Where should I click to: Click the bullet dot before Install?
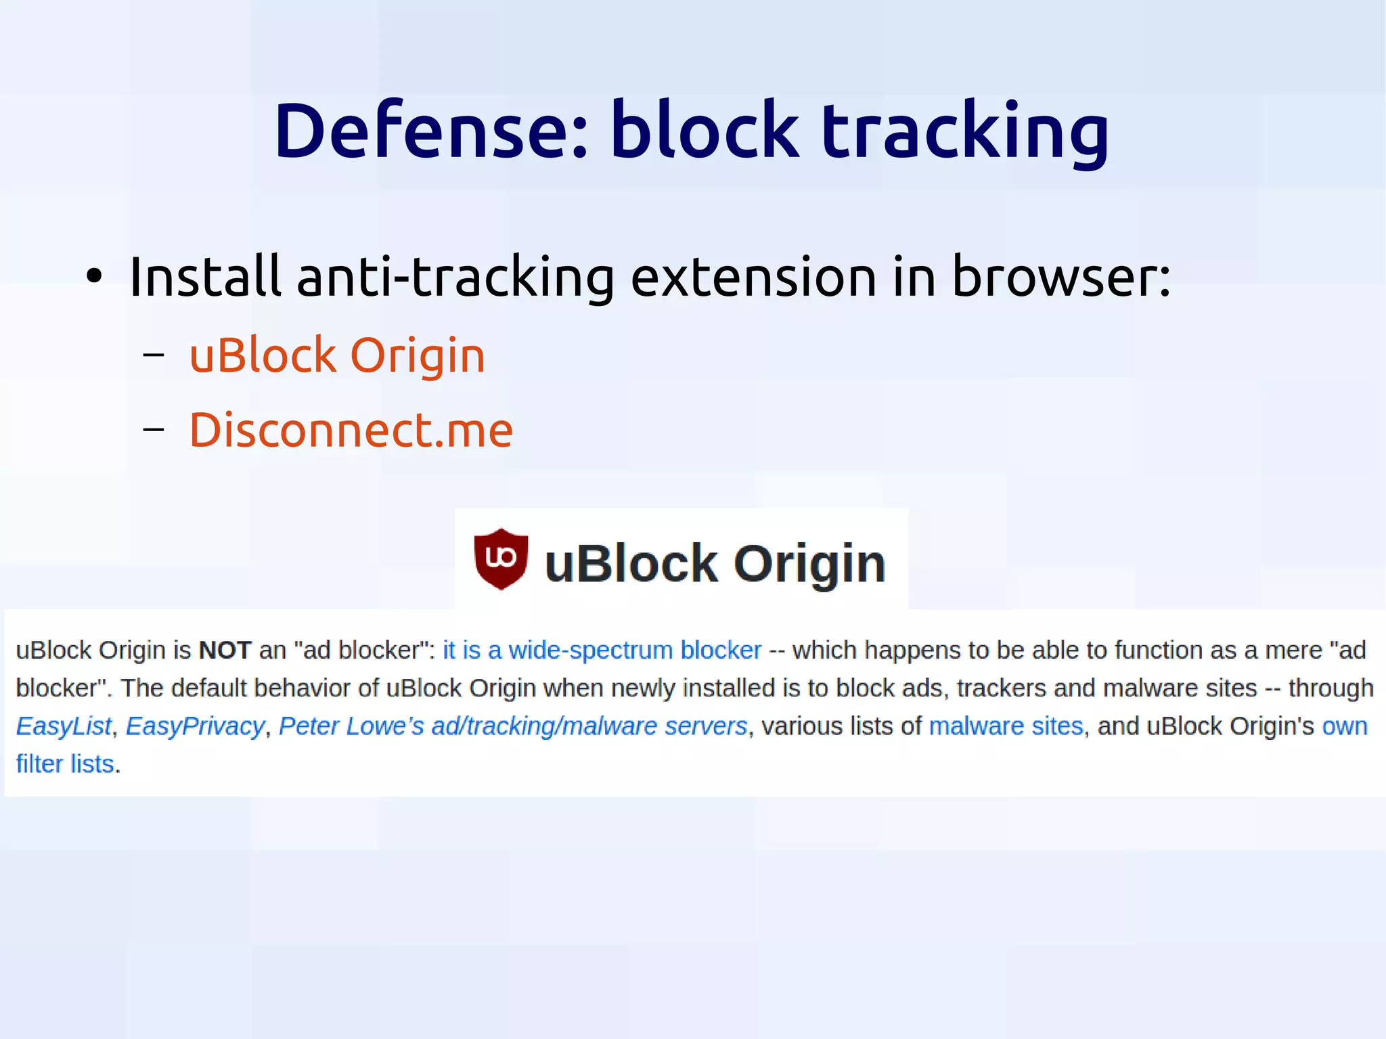coord(94,277)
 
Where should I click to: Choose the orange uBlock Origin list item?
coord(337,355)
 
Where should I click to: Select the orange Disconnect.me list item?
coord(351,430)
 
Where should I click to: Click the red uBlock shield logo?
coord(501,559)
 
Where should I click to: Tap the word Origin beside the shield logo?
coord(809,564)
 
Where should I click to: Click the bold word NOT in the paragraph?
coord(225,650)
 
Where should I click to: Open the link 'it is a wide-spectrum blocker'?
coord(602,650)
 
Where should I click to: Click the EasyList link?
coord(64,726)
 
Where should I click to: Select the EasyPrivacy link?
coord(195,726)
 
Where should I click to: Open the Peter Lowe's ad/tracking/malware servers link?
coord(513,726)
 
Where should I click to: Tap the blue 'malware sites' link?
coord(1006,726)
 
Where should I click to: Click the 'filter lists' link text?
coord(65,764)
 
